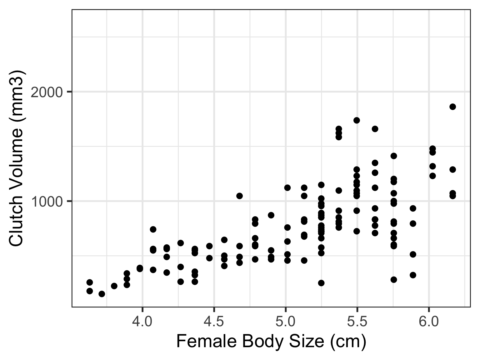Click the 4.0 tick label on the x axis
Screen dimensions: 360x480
click(x=142, y=321)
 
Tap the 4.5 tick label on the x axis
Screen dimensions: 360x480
click(x=214, y=321)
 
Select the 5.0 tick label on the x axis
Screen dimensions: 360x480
click(x=285, y=321)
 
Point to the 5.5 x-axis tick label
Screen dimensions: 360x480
click(x=357, y=321)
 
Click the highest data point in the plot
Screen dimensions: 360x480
click(x=452, y=107)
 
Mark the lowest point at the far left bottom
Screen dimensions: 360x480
click(x=102, y=294)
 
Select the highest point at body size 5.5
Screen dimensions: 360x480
click(x=357, y=120)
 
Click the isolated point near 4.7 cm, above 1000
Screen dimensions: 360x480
click(x=239, y=196)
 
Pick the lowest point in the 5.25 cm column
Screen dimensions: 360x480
click(x=321, y=283)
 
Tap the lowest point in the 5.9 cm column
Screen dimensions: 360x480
click(x=413, y=275)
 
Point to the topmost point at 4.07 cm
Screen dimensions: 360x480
click(x=153, y=229)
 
